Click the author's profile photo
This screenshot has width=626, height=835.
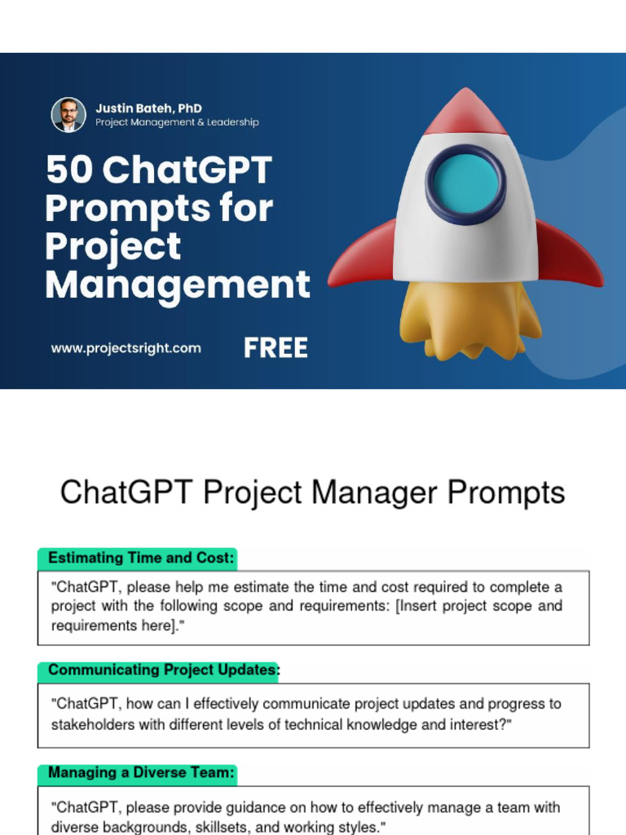coord(68,115)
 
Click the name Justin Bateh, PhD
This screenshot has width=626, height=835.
coord(148,108)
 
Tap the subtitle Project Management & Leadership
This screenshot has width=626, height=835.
coord(177,122)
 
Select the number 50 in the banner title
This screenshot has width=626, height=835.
coord(68,170)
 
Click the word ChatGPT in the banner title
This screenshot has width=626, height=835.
coord(188,170)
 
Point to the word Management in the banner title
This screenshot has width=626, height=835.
coord(178,285)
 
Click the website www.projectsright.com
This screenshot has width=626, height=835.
coord(126,348)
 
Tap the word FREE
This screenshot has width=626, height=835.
coord(276,348)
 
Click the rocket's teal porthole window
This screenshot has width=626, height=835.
coord(465,183)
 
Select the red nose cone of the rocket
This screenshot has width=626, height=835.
coord(465,113)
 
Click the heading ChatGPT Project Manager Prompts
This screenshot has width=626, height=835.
coord(312,493)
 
